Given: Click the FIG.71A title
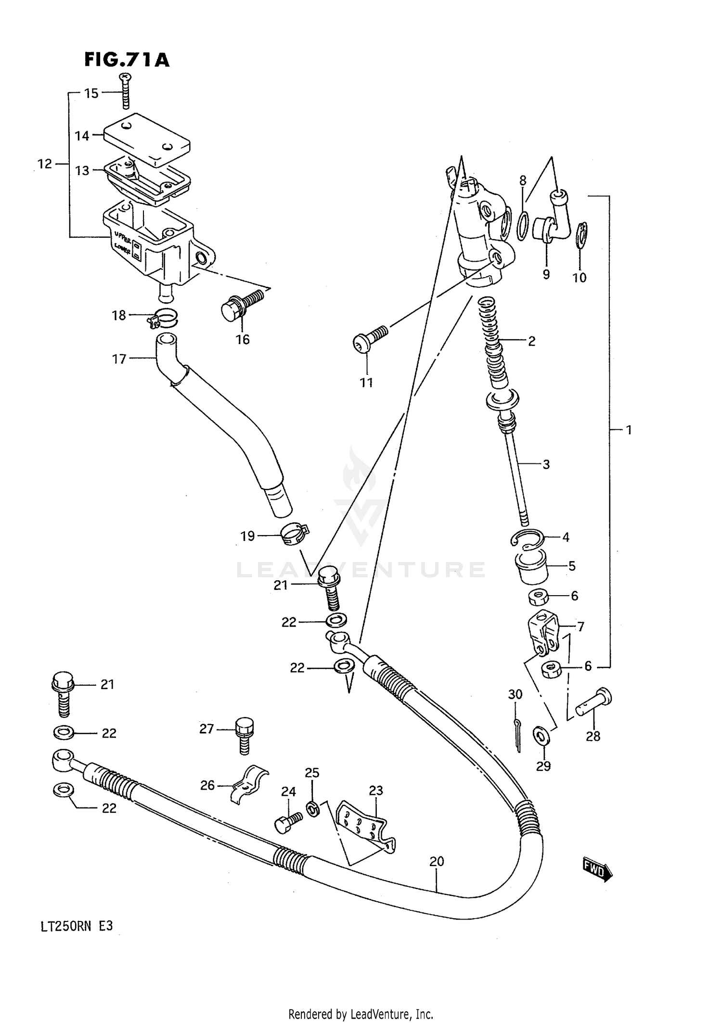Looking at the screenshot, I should pyautogui.click(x=127, y=60).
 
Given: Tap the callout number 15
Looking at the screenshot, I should pyautogui.click(x=91, y=93).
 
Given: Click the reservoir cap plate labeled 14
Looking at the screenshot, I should pyautogui.click(x=147, y=140).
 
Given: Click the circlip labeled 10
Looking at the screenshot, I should pyautogui.click(x=582, y=236).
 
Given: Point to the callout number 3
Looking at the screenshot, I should pyautogui.click(x=546, y=465).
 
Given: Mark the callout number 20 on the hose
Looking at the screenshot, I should pyautogui.click(x=436, y=862).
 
